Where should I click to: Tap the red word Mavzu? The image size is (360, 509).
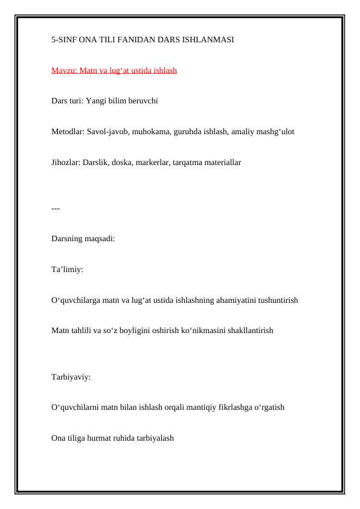[63, 71]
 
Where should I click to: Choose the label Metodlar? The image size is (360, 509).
[68, 131]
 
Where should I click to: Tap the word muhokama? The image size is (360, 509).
[153, 131]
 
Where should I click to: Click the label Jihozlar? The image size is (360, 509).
[66, 162]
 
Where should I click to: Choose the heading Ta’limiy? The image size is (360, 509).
[67, 269]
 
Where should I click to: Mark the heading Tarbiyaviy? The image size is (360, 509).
[71, 377]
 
